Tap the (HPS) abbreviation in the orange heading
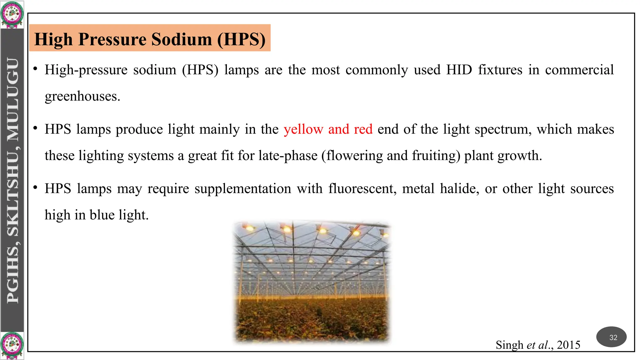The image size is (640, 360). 241,39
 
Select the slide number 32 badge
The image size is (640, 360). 613,337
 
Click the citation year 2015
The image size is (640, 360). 568,345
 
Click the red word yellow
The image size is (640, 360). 303,129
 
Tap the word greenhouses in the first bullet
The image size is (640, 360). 82,96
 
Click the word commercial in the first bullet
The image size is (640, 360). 579,70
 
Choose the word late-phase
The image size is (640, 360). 288,156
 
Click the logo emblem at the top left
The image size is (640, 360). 12,14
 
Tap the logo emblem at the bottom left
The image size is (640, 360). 12,346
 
